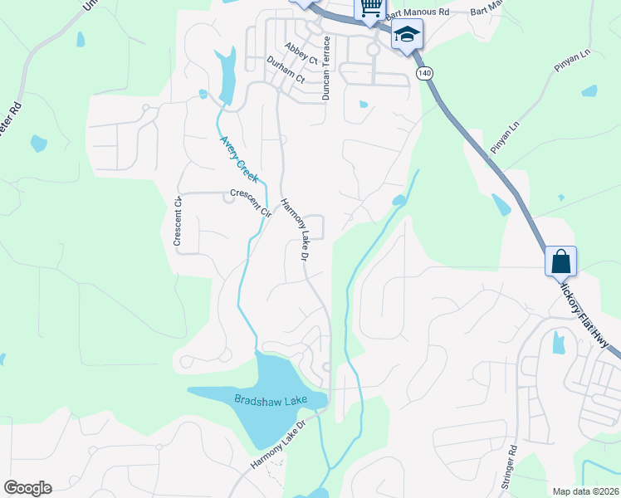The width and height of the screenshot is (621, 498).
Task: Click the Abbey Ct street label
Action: [301, 53]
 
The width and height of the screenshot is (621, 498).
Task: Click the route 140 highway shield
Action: [425, 74]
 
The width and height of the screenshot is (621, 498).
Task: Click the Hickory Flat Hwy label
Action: [589, 315]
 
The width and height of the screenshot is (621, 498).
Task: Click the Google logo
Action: [27, 488]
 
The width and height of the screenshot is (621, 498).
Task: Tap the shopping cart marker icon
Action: [371, 8]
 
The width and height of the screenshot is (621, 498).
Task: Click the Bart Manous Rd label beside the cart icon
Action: [415, 12]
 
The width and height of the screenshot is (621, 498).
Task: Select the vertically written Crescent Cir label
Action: [178, 221]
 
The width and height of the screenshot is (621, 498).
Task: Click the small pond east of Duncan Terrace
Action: [363, 105]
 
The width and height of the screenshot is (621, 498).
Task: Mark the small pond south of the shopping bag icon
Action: [559, 342]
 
